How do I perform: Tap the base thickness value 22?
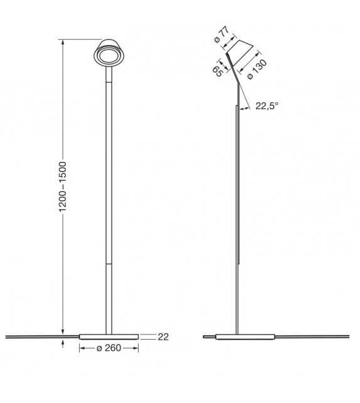tap(163, 337)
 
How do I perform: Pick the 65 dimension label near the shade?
tap(217, 71)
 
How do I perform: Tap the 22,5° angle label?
tap(267, 106)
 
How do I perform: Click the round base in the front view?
tap(110, 336)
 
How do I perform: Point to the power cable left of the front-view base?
tap(38, 337)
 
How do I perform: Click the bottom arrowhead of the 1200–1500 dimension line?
tap(63, 331)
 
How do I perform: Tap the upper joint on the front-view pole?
tap(110, 82)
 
